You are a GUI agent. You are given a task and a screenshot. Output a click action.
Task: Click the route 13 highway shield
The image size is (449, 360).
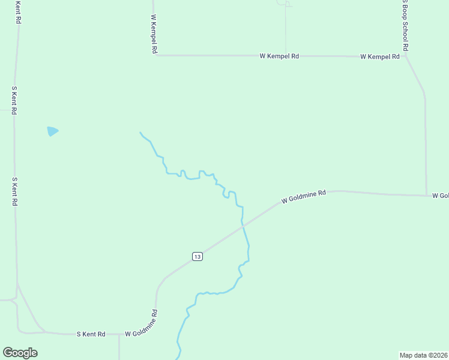pos(197,256)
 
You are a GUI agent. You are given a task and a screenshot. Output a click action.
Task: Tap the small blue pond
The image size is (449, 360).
pos(52,131)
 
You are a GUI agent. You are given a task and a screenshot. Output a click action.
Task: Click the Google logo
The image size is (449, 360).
pos(20,353)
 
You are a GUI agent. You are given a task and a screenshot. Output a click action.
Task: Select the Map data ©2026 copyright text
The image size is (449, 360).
pos(424,355)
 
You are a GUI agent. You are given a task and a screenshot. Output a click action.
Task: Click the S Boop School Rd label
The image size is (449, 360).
pos(405,25)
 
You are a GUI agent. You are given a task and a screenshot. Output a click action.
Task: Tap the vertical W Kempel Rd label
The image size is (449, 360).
pos(154,35)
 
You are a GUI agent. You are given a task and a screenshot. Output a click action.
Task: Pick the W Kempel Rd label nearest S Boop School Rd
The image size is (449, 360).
pos(380,56)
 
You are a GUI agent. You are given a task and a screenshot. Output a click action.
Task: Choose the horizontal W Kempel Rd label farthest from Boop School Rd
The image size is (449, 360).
pos(279,56)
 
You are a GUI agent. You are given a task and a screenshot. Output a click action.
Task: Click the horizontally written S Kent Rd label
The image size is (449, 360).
pos(91,334)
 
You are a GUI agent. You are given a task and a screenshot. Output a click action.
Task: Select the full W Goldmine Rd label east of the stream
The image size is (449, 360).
pos(304,197)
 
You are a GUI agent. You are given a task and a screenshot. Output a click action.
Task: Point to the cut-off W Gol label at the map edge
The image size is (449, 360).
pos(440,196)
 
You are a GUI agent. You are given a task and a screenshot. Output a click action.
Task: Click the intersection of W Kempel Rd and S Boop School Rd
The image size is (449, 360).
pos(406,56)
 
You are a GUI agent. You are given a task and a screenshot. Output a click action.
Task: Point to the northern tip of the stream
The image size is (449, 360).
pos(140,132)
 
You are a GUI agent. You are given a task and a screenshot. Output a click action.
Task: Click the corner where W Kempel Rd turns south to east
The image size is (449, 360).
pos(155,55)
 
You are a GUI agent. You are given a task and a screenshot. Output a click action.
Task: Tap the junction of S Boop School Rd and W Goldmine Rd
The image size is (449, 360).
pos(426,195)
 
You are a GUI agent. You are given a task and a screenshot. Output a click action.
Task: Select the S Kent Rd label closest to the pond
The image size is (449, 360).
pos(14,100)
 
